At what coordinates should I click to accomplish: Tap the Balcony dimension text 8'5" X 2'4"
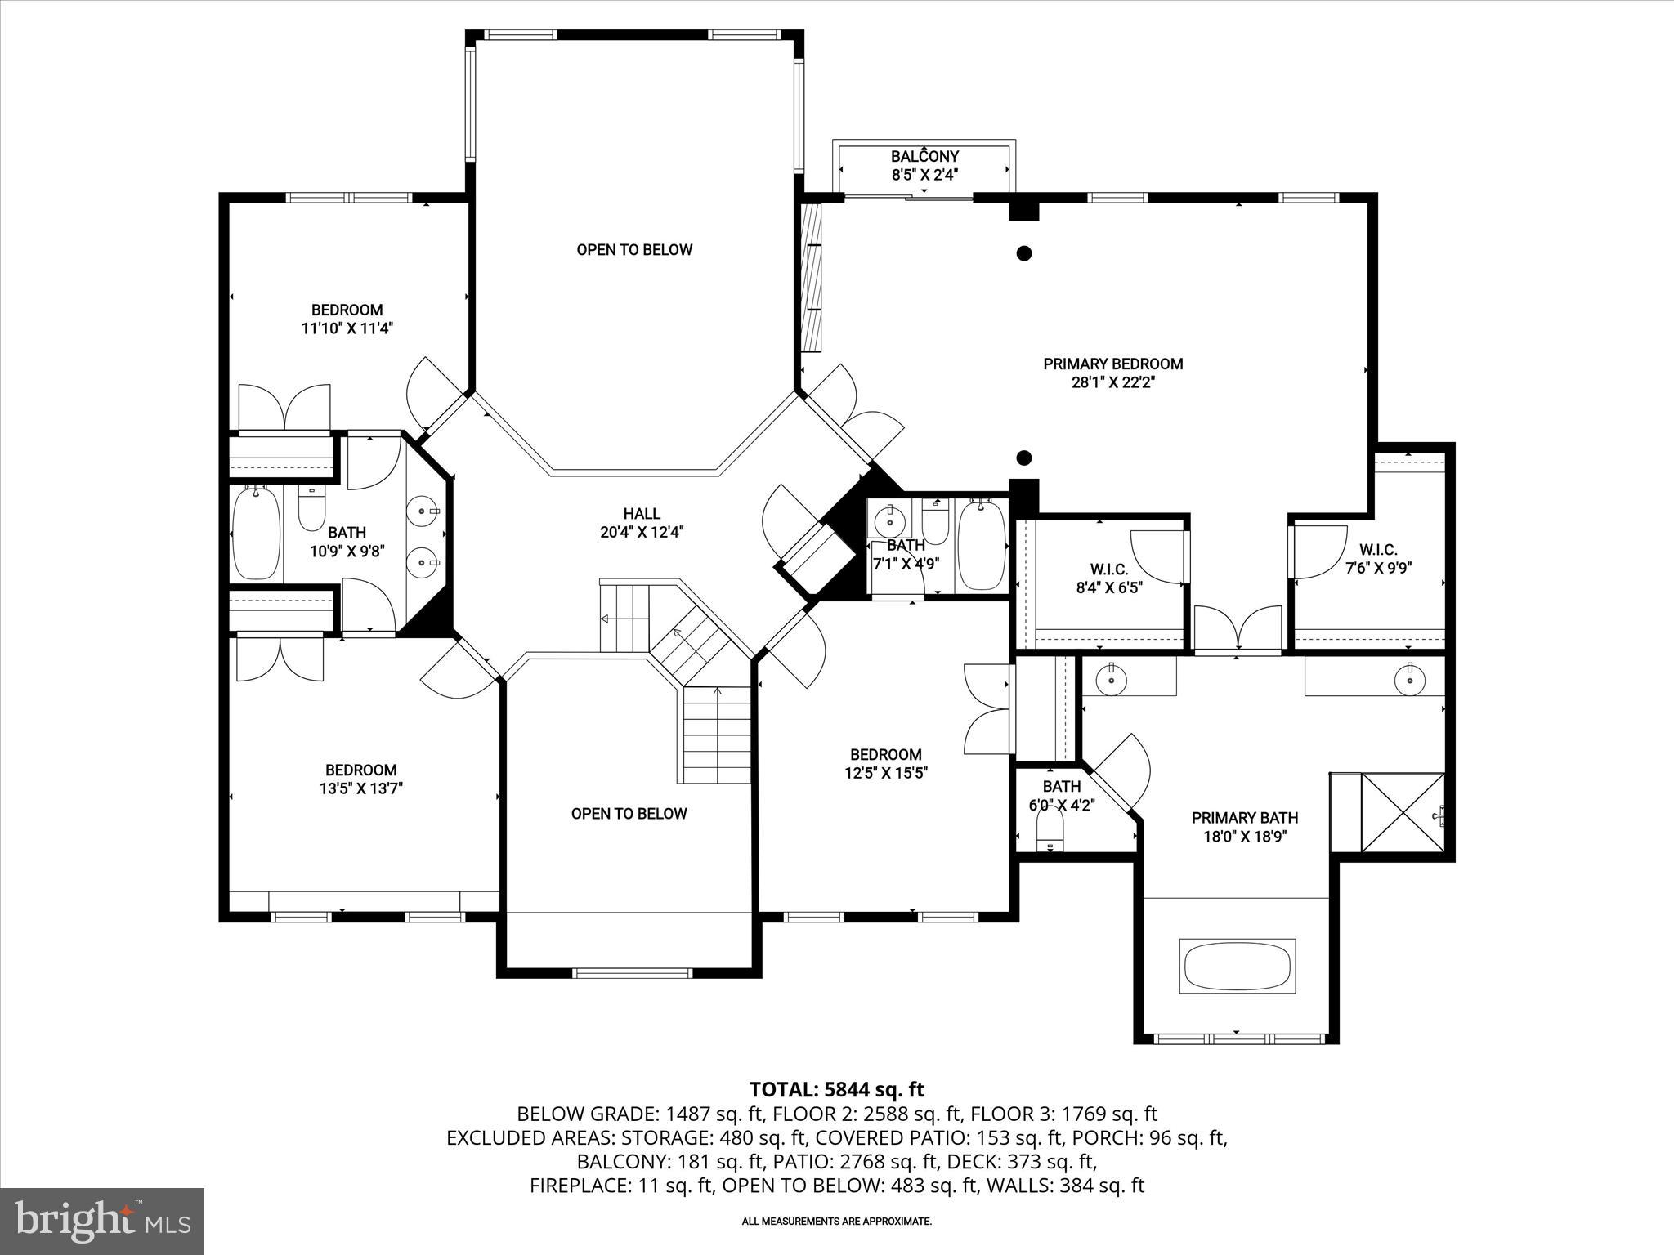click(924, 174)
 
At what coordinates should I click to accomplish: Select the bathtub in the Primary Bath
click(1238, 967)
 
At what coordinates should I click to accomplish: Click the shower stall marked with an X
click(1402, 813)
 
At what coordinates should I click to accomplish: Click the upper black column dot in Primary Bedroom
click(1023, 253)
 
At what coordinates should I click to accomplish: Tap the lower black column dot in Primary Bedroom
click(1023, 458)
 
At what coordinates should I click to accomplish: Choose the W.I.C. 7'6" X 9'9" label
click(1378, 559)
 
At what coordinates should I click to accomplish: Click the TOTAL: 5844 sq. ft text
click(836, 1089)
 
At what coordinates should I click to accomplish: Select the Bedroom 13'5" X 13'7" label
click(360, 779)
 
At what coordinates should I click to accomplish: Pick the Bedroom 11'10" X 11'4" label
click(347, 319)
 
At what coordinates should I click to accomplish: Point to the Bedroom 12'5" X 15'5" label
click(885, 763)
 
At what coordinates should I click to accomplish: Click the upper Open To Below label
click(634, 250)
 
